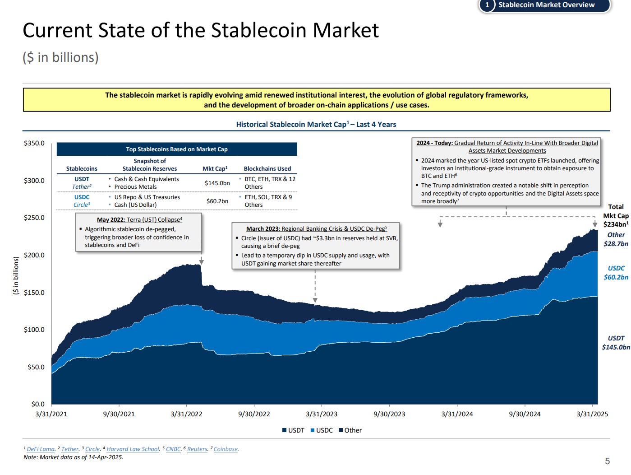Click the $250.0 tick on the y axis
pyautogui.click(x=34, y=218)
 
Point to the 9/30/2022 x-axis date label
pyautogui.click(x=254, y=414)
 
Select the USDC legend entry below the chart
pyautogui.click(x=322, y=430)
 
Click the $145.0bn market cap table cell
pyautogui.click(x=217, y=183)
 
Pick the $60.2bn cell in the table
pyautogui.click(x=217, y=201)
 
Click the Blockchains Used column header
pyautogui.click(x=267, y=168)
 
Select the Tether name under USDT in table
pyautogui.click(x=82, y=187)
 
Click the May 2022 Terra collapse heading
pyautogui.click(x=139, y=219)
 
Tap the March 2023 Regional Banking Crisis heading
pyautogui.click(x=316, y=228)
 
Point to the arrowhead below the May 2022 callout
pyautogui.click(x=201, y=262)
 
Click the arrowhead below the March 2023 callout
pyautogui.click(x=315, y=300)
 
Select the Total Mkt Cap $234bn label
pyautogui.click(x=616, y=215)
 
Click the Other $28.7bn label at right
pyautogui.click(x=616, y=239)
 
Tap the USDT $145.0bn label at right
pyautogui.click(x=616, y=343)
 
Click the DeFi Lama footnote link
pyautogui.click(x=41, y=449)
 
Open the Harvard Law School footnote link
pyautogui.click(x=133, y=449)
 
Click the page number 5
pyautogui.click(x=607, y=461)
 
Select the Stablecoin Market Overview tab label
pyautogui.click(x=546, y=5)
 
